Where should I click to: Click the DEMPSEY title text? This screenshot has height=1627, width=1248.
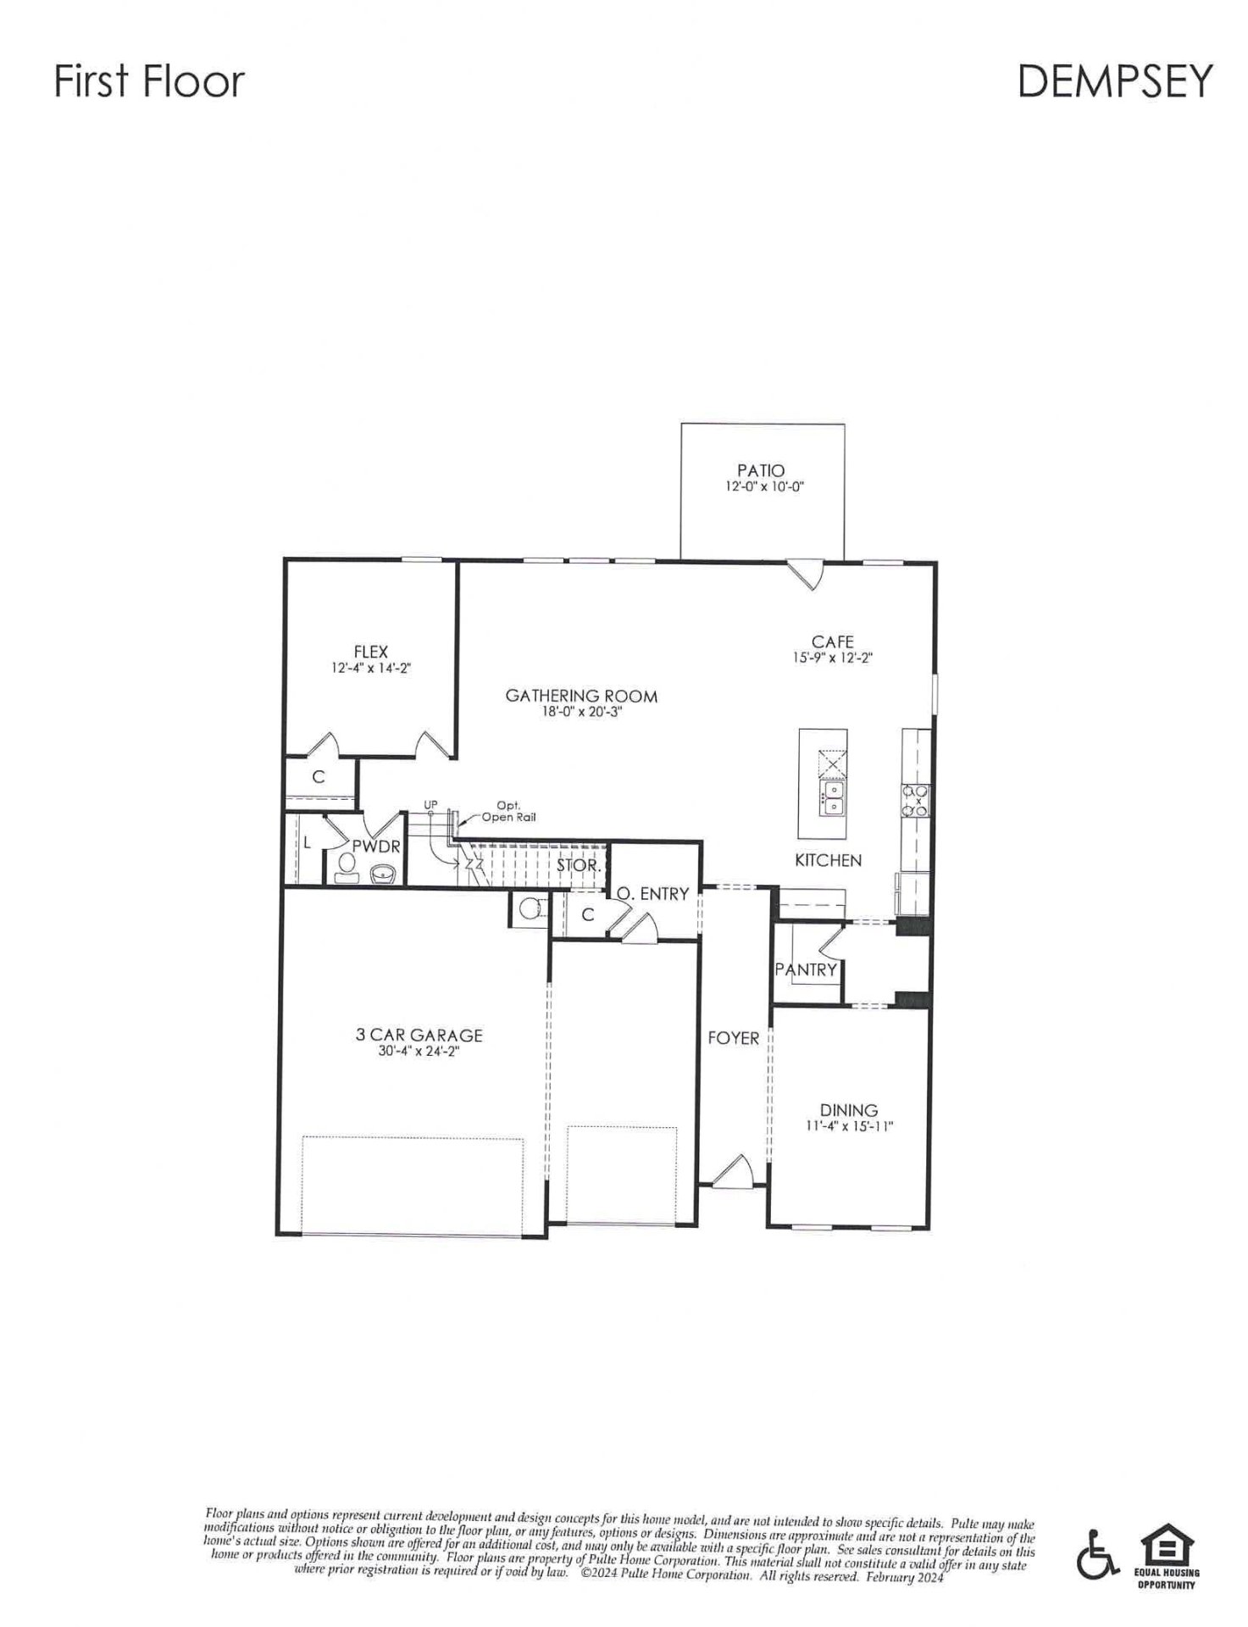[x=1114, y=81]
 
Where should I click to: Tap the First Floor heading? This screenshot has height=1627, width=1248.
[x=149, y=81]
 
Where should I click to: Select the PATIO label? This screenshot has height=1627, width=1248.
[x=760, y=470]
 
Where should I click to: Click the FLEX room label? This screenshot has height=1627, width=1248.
[x=371, y=652]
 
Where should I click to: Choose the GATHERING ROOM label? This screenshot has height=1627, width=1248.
[x=581, y=697]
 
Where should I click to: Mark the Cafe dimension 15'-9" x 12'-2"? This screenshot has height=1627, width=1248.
[x=832, y=658]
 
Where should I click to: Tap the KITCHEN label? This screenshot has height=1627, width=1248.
[x=828, y=861]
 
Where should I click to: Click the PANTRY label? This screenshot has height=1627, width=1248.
[x=806, y=969]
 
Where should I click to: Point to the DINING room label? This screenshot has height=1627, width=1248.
[x=848, y=1110]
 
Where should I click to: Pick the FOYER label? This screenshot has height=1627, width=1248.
[x=733, y=1038]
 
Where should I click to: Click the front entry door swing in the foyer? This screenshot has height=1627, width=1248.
[x=733, y=1172]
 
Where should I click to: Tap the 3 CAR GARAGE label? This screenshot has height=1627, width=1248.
[x=419, y=1036]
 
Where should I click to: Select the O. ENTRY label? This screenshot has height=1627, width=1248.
[x=652, y=894]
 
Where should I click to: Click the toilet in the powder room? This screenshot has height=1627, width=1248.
[x=347, y=865]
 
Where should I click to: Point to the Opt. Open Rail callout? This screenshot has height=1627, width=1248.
[x=508, y=813]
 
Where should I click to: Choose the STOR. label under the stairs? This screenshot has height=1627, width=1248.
[x=579, y=867]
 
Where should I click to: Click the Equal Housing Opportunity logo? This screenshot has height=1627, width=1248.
[x=1167, y=1558]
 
